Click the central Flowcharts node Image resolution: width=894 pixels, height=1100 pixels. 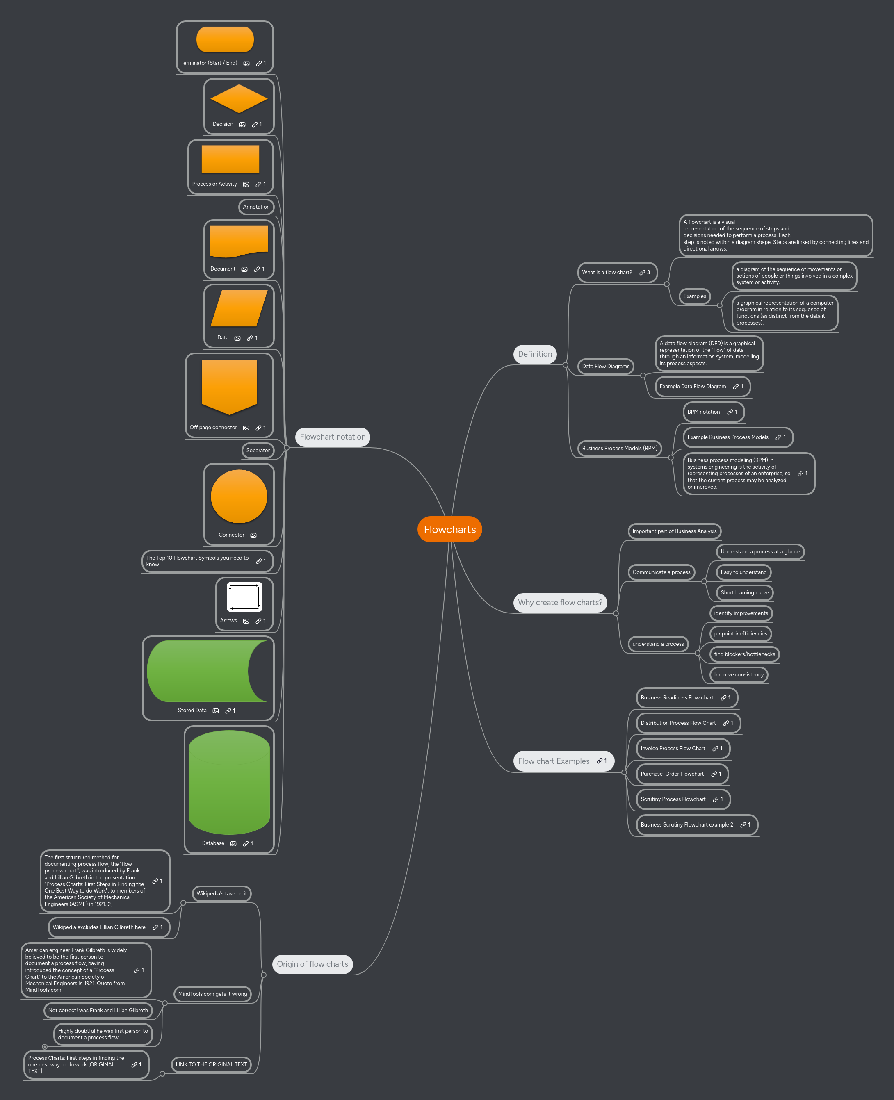[449, 529]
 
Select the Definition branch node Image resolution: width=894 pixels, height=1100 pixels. [534, 354]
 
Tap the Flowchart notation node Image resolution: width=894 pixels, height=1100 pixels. [332, 437]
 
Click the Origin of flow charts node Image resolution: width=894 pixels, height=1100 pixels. [312, 964]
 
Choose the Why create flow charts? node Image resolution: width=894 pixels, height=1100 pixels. [560, 602]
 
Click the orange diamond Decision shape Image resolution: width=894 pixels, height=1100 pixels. [238, 99]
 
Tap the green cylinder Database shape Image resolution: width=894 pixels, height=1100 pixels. [229, 782]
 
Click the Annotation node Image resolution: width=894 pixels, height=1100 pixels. [256, 207]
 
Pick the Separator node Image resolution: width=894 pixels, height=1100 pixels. [258, 451]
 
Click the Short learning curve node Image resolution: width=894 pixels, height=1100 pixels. [744, 592]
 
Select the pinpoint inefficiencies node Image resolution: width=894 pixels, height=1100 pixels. [740, 634]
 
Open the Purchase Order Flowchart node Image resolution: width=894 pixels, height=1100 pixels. [672, 774]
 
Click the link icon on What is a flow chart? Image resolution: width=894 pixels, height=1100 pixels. [642, 273]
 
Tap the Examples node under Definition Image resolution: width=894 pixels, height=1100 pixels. [694, 296]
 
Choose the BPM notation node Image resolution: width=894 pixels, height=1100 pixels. [703, 412]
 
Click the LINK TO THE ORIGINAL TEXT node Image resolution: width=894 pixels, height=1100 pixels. [211, 1064]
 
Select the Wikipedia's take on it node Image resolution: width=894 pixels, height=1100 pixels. [221, 894]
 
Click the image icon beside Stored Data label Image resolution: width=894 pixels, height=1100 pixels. [216, 711]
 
